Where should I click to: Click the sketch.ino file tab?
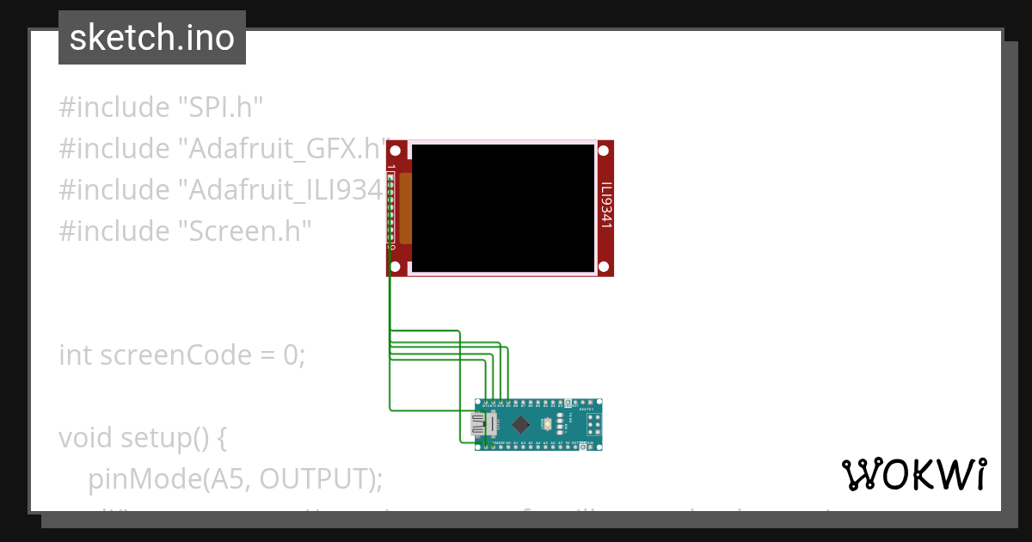pyautogui.click(x=151, y=38)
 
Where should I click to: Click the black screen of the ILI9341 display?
pyautogui.click(x=503, y=206)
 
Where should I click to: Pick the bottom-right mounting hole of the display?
pyautogui.click(x=604, y=265)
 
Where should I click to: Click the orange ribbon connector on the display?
pyautogui.click(x=405, y=208)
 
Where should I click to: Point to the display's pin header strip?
pyautogui.click(x=391, y=211)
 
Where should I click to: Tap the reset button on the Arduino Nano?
pyautogui.click(x=547, y=424)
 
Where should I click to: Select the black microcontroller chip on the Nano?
pyautogui.click(x=521, y=423)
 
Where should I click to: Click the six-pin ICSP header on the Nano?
pyautogui.click(x=593, y=423)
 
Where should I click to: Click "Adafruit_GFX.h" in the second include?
pyautogui.click(x=284, y=149)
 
